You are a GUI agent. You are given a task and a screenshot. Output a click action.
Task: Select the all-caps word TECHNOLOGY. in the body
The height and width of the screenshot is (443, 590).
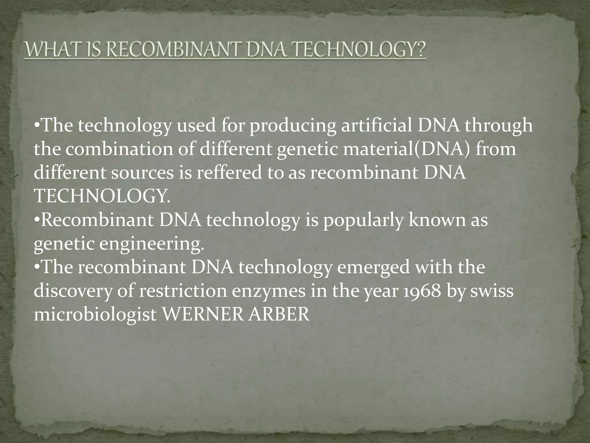(102, 196)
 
